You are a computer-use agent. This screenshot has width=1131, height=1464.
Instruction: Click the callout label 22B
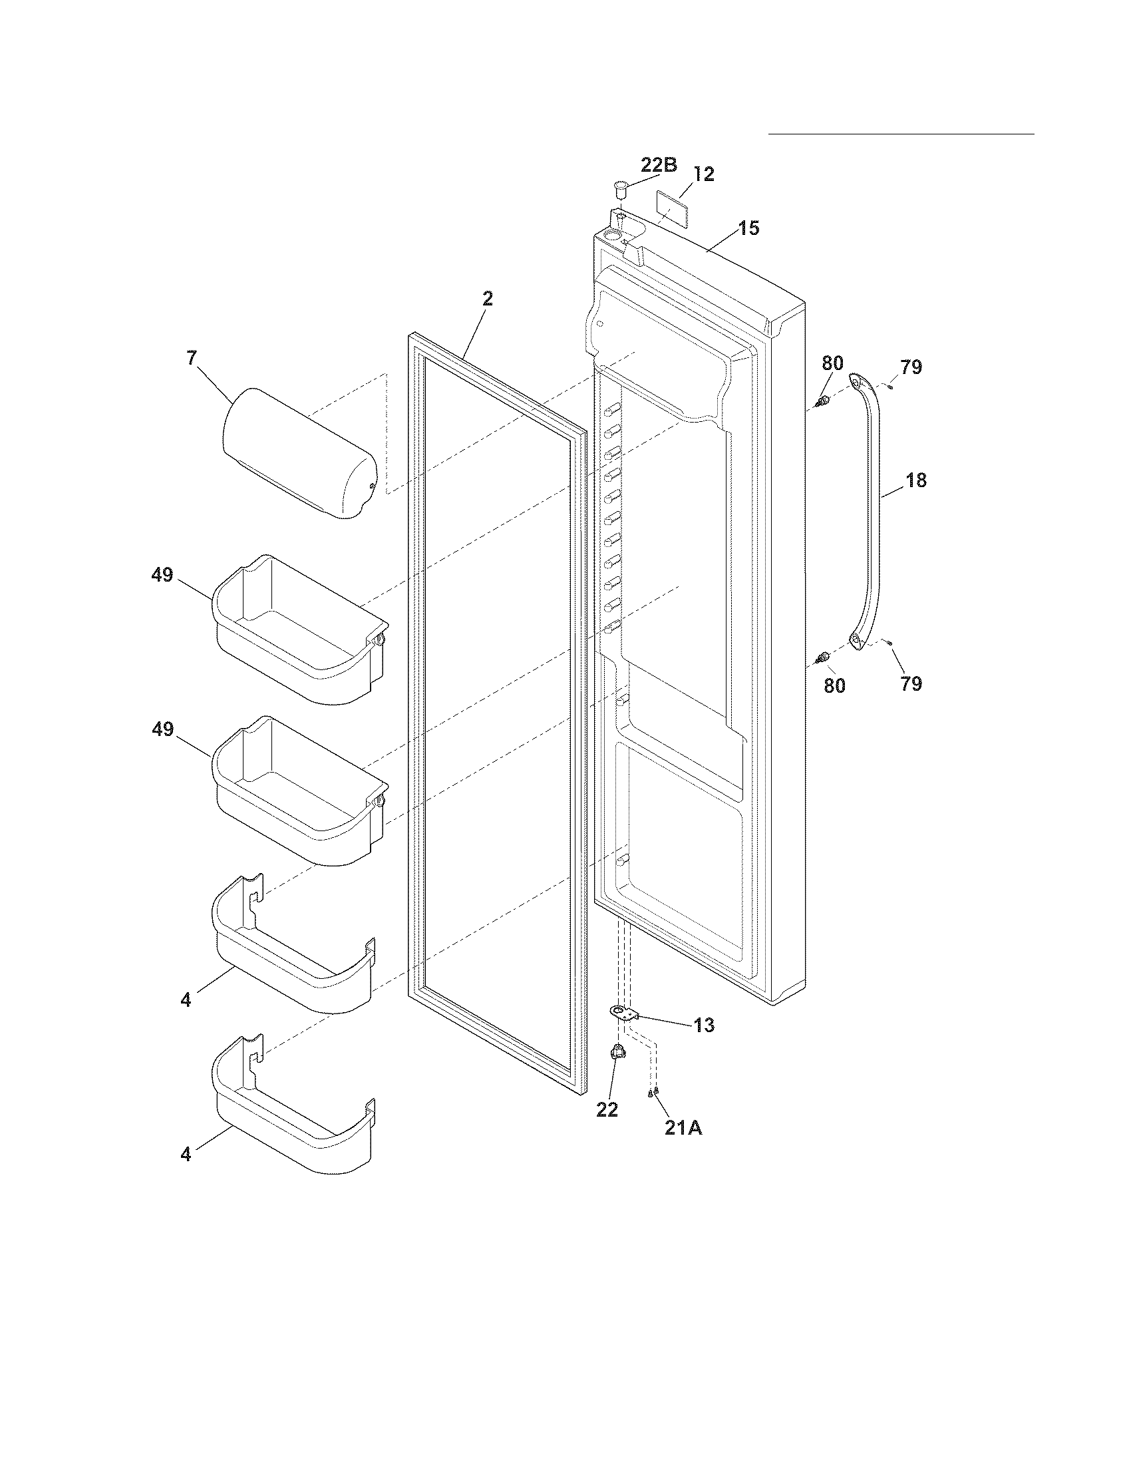click(x=659, y=165)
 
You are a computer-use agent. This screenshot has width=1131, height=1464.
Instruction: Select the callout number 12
click(x=703, y=174)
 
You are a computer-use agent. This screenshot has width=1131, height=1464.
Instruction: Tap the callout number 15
click(x=749, y=228)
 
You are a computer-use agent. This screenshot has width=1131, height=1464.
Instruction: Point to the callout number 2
click(x=488, y=299)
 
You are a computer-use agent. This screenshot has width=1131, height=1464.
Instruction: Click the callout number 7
click(x=192, y=358)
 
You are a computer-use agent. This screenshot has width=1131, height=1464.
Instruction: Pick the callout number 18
click(x=916, y=480)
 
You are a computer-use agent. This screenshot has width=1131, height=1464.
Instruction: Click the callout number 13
click(x=703, y=1025)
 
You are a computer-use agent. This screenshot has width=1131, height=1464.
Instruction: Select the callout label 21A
click(x=683, y=1128)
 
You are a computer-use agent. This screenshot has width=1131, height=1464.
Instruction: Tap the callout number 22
click(x=607, y=1110)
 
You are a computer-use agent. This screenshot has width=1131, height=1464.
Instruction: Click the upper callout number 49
click(x=162, y=575)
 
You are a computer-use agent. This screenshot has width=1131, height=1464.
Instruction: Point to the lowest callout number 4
click(x=186, y=1155)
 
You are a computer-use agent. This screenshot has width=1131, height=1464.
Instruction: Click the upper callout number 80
click(x=832, y=363)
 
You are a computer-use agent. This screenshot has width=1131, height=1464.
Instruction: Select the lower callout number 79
click(x=911, y=683)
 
